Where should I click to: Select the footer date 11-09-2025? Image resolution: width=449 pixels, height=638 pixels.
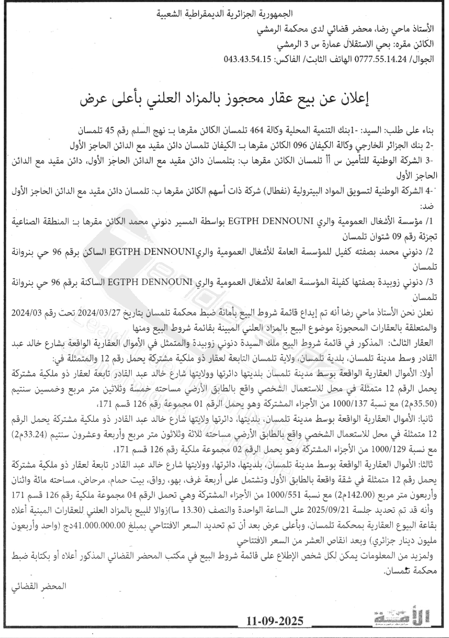tap(275, 621)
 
